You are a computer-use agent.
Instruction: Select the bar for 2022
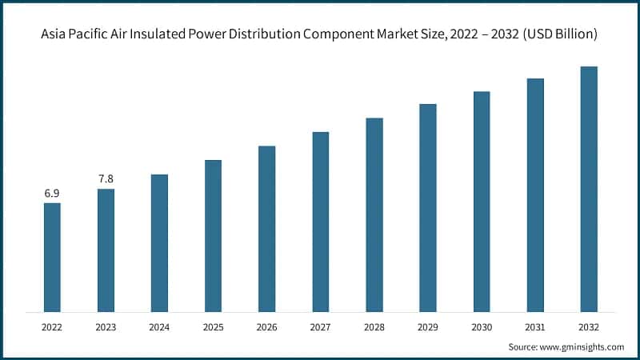pyautogui.click(x=52, y=257)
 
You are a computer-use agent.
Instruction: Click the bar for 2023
pyautogui.click(x=106, y=250)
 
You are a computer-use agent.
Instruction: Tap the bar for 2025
pyautogui.click(x=213, y=235)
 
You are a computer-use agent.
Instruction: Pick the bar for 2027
pyautogui.click(x=320, y=222)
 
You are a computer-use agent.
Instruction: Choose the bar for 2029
pyautogui.click(x=427, y=207)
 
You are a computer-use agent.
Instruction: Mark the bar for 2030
pyautogui.click(x=481, y=201)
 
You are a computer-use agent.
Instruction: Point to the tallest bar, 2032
pyautogui.click(x=588, y=189)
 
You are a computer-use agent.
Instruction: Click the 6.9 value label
pyautogui.click(x=52, y=194)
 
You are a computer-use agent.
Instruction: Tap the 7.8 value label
pyautogui.click(x=106, y=179)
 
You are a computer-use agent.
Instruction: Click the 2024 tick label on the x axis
pyautogui.click(x=159, y=327)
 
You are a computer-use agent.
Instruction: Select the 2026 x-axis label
pyautogui.click(x=266, y=327)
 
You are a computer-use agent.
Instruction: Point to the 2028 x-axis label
pyautogui.click(x=374, y=327)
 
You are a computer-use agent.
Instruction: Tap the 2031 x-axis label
pyautogui.click(x=534, y=327)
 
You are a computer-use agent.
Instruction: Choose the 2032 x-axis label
pyautogui.click(x=588, y=327)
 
